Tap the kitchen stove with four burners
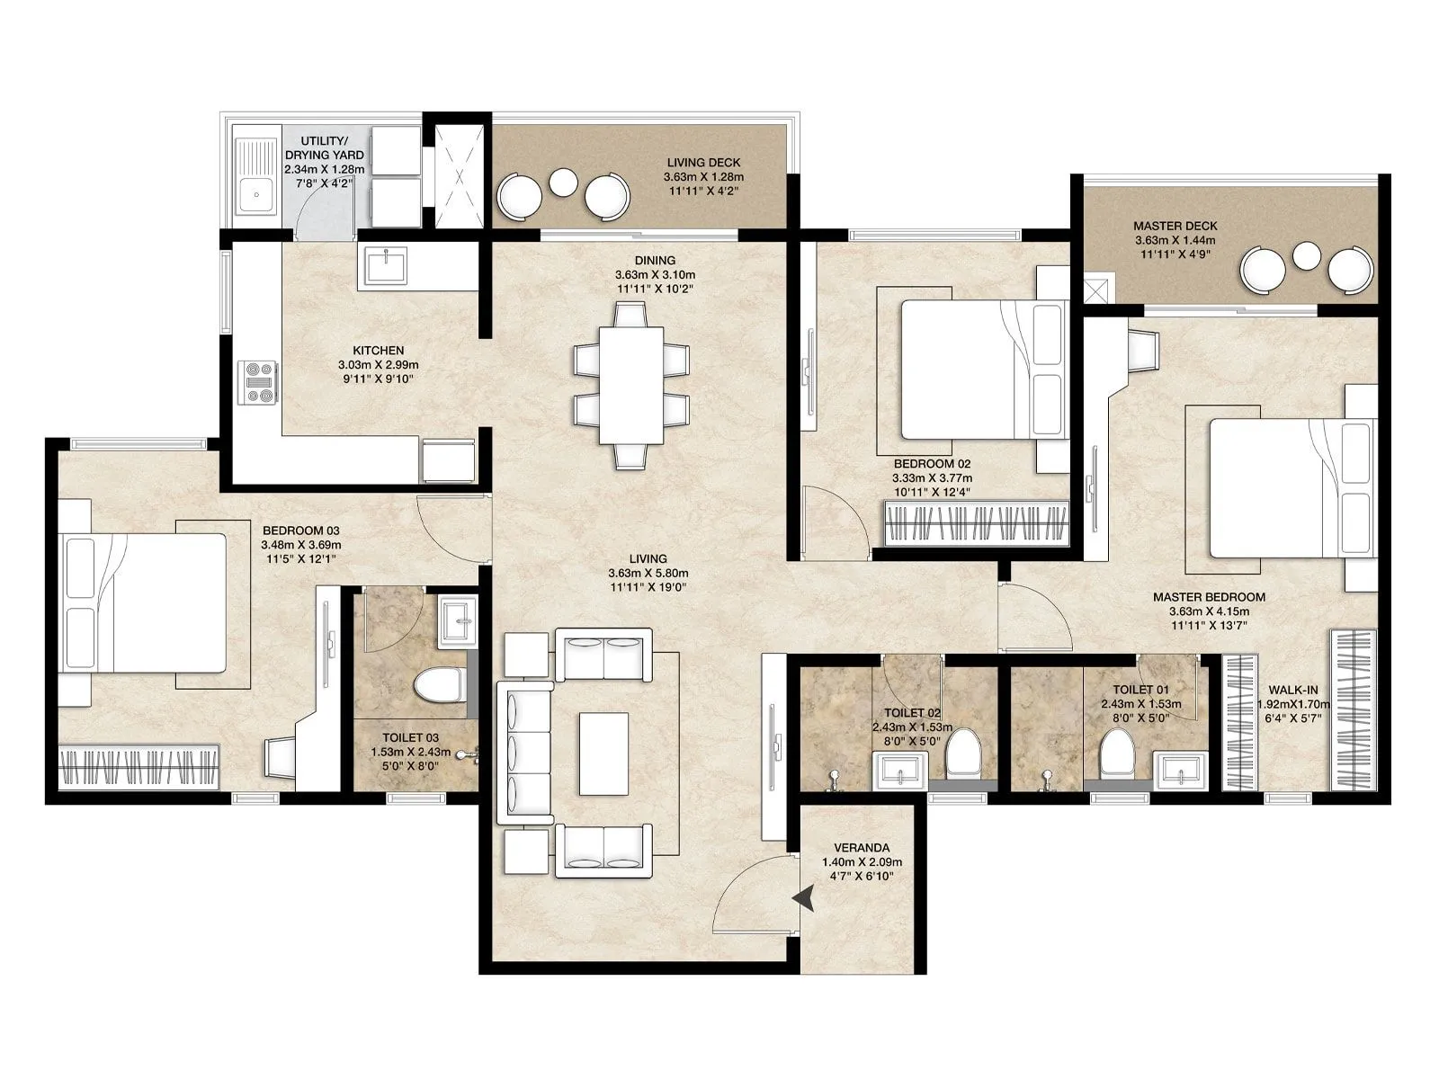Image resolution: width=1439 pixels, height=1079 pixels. pos(258,381)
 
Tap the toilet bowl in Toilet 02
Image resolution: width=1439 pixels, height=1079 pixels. pos(963,752)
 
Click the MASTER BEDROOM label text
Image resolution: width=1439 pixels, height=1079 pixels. pos(1209,597)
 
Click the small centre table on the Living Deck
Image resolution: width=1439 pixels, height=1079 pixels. pos(564,183)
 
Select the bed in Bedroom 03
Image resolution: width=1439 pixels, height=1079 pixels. pos(144,602)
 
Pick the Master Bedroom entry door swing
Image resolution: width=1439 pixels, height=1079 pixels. pos(1034,616)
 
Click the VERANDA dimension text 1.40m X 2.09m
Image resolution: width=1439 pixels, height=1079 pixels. pos(861,862)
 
